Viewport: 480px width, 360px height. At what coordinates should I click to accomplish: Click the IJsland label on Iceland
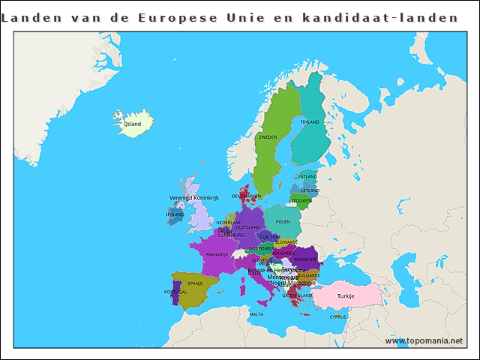(132, 124)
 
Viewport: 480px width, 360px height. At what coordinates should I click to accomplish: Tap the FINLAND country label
(310, 121)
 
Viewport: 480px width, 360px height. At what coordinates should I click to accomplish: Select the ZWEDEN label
(268, 137)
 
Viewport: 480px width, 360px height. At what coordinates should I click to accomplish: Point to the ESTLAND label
(307, 177)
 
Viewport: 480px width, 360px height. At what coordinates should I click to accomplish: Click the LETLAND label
(310, 190)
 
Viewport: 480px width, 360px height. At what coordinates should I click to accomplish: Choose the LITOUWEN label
(301, 201)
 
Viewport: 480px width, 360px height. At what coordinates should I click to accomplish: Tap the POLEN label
(283, 222)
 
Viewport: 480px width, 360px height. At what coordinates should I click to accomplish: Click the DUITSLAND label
(248, 227)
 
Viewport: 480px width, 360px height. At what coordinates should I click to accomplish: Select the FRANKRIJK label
(217, 255)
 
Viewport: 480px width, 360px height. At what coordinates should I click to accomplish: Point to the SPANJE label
(195, 283)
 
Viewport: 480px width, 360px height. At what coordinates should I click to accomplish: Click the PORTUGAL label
(175, 292)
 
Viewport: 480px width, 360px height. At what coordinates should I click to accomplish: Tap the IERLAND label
(175, 214)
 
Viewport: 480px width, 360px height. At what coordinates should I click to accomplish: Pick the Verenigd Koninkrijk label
(193, 198)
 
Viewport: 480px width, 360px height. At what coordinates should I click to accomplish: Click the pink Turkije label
(345, 296)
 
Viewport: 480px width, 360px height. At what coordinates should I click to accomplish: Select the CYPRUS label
(338, 316)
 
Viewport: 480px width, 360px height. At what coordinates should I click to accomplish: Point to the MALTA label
(256, 314)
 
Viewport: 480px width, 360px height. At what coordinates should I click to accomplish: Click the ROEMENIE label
(305, 259)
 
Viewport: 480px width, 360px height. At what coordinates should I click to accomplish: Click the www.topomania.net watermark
(424, 340)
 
